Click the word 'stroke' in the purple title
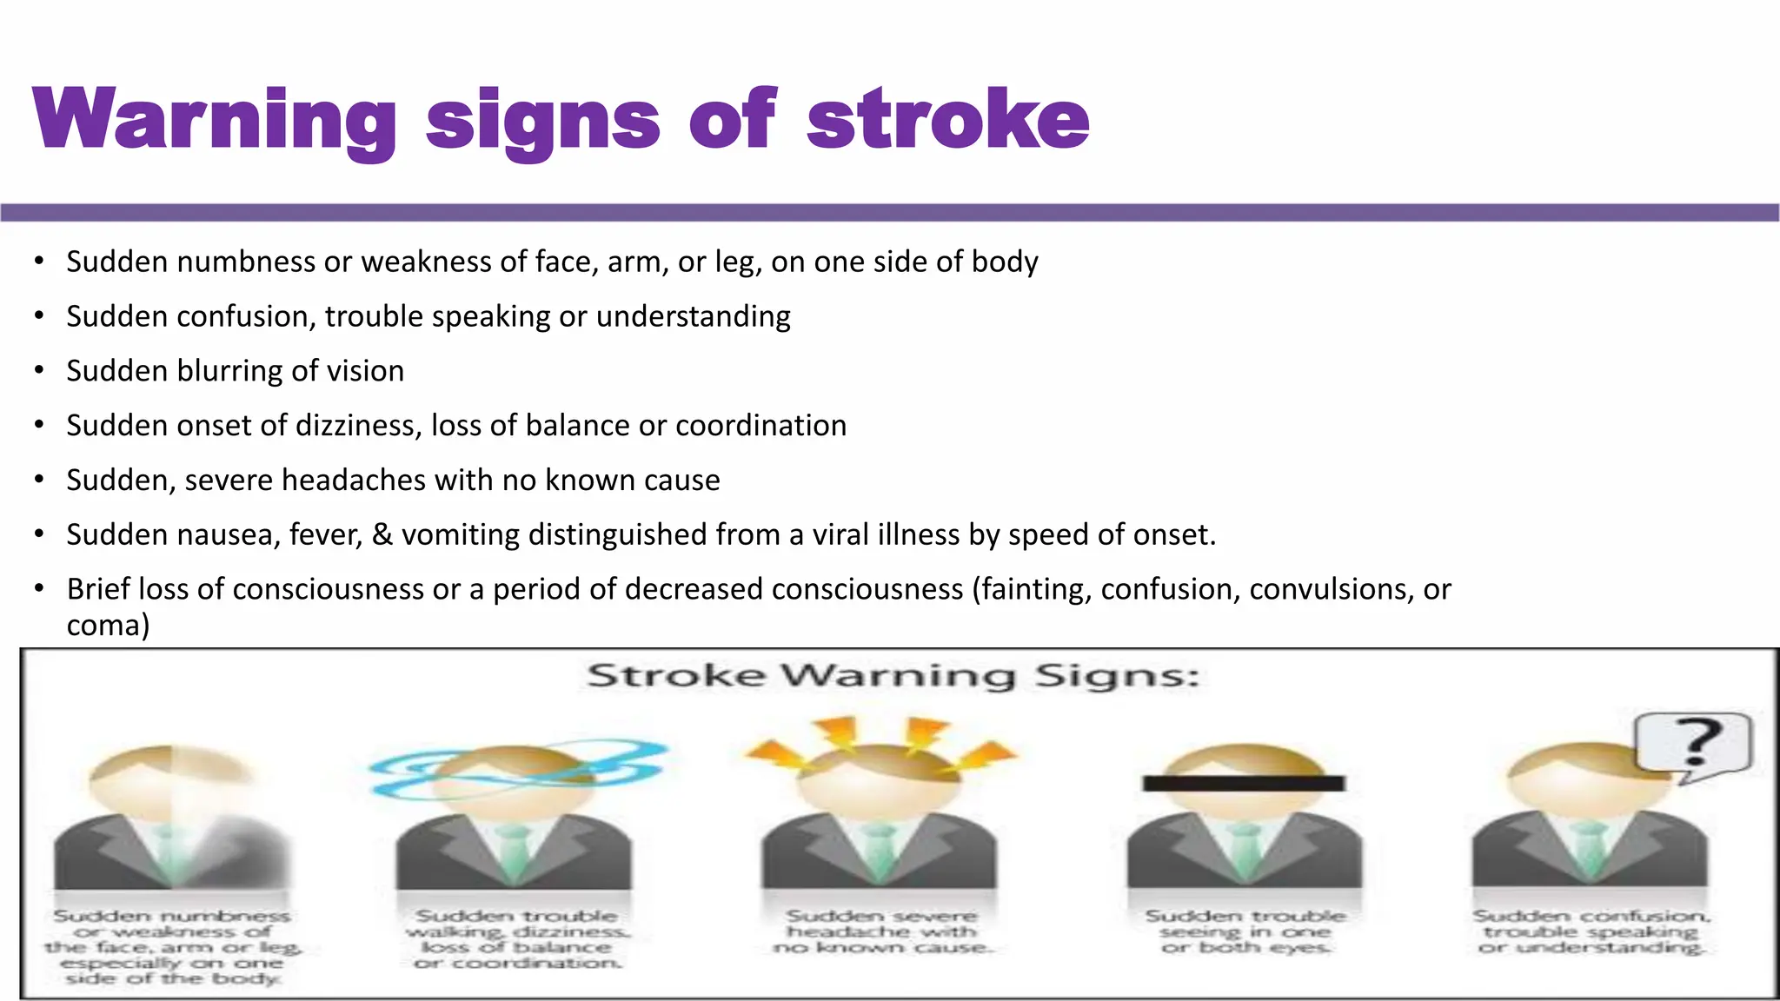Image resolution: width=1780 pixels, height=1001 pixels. pos(947,119)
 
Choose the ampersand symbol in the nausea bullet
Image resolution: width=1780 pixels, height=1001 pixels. pos(382,535)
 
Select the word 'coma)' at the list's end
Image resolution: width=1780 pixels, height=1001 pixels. pos(108,626)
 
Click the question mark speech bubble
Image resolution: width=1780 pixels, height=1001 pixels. pos(1692,743)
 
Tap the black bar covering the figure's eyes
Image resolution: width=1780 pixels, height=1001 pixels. pos(1244,784)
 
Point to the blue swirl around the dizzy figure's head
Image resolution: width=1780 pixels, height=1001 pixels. pos(518,768)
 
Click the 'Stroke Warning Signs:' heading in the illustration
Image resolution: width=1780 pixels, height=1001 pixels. pos(893,676)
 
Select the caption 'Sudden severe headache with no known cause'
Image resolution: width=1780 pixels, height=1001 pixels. pos(881,931)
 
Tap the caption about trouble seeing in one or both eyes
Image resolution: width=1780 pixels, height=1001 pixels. pos(1245,931)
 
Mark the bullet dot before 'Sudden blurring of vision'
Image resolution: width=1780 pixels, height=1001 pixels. pos(39,371)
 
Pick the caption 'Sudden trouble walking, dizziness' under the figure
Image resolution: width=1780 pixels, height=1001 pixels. pos(518,939)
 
